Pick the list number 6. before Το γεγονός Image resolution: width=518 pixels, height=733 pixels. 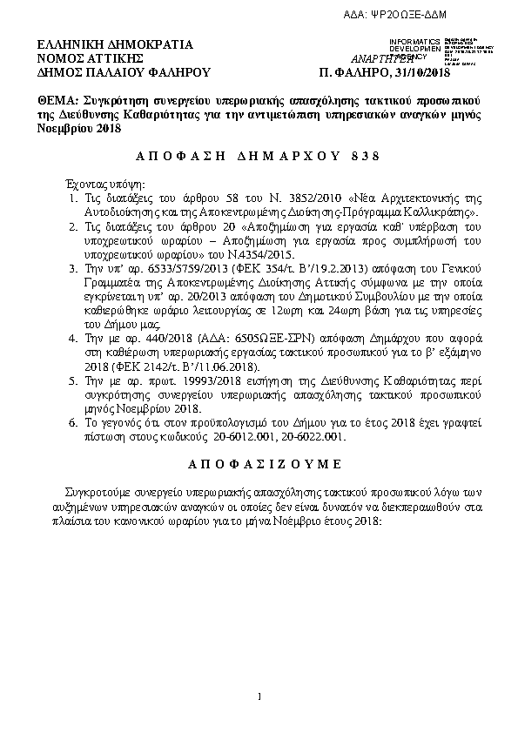coord(74,422)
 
